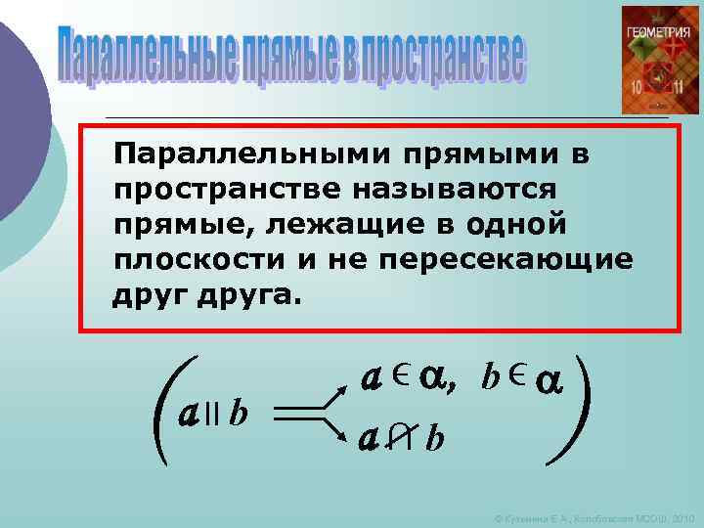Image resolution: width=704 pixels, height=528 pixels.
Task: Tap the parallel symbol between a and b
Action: (x=215, y=415)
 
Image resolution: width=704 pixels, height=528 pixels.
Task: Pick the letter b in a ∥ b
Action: (x=238, y=415)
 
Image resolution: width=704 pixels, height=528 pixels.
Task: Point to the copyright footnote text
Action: (x=594, y=515)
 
